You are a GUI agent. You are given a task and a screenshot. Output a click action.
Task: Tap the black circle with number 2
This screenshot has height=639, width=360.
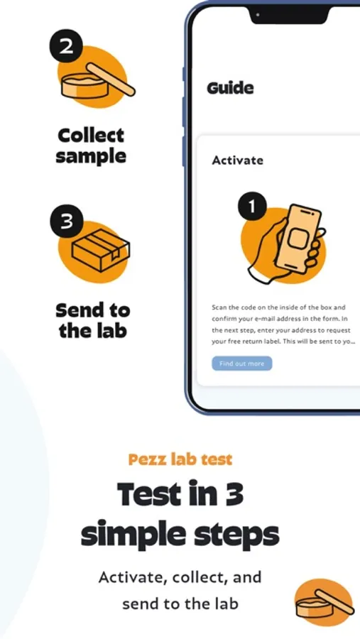click(67, 46)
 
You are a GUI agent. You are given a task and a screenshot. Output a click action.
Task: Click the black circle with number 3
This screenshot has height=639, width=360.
click(67, 221)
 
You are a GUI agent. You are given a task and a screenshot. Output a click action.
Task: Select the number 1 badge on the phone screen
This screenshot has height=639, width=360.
click(252, 206)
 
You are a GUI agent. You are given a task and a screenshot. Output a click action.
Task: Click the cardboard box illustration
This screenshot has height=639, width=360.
click(101, 250)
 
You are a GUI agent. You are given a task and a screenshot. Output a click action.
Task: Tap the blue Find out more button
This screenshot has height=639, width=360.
click(241, 364)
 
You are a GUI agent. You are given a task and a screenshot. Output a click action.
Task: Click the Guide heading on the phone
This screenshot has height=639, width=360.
click(230, 88)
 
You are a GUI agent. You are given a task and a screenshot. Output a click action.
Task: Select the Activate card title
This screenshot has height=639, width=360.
click(237, 160)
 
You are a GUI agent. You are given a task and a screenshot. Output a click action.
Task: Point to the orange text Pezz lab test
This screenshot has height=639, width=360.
click(180, 459)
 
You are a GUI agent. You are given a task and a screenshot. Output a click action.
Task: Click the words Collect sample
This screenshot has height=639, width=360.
click(90, 146)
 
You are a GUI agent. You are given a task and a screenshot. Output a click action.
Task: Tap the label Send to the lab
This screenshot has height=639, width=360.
click(92, 320)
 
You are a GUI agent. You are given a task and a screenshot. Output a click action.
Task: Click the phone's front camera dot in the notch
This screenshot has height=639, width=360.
click(258, 15)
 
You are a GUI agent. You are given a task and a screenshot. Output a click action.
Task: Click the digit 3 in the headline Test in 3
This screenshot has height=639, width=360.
click(233, 493)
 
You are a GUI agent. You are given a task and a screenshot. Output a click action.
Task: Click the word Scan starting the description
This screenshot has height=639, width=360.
click(219, 307)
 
